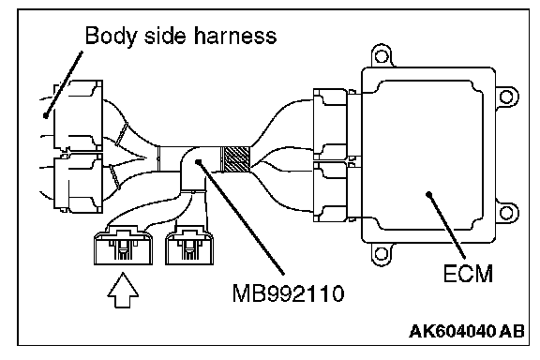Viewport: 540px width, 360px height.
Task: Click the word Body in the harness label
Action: (x=111, y=36)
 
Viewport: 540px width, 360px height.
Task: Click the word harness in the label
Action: (x=235, y=35)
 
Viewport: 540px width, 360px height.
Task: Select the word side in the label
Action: (x=165, y=35)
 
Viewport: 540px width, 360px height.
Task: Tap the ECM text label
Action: (x=468, y=274)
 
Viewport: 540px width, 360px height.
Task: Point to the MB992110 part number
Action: (x=288, y=293)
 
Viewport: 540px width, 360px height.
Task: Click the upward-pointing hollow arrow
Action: (x=123, y=290)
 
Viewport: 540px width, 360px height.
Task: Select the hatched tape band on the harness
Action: (x=235, y=158)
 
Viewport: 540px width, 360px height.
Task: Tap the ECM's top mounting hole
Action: (x=381, y=56)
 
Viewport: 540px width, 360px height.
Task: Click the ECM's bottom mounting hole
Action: (x=381, y=254)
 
